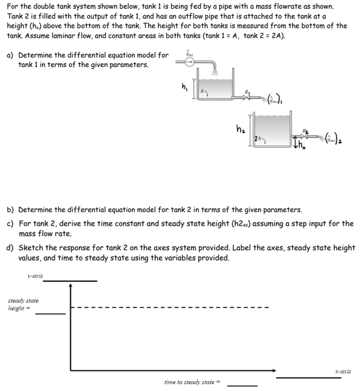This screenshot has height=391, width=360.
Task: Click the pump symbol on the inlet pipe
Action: (x=190, y=62)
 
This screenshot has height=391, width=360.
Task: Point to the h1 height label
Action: (x=184, y=86)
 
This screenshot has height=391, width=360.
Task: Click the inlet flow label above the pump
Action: (x=189, y=52)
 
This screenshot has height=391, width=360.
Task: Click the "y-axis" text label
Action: (x=35, y=276)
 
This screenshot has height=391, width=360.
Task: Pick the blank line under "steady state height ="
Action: (x=50, y=313)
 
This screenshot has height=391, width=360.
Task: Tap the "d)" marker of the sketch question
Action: (x=10, y=248)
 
